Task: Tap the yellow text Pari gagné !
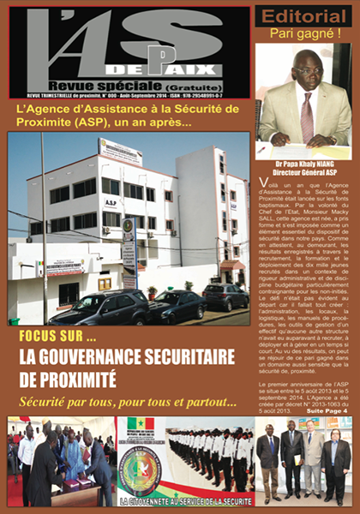pyautogui.click(x=304, y=34)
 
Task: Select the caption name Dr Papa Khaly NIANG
pyautogui.click(x=304, y=160)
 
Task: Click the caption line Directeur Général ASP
pyautogui.click(x=304, y=170)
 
